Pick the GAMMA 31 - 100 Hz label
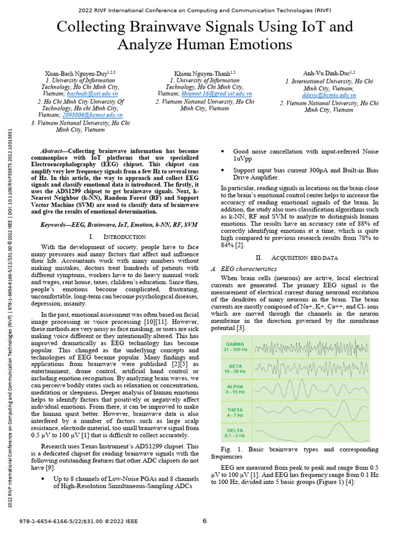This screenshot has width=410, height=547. (235, 347)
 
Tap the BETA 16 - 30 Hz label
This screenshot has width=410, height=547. (235, 368)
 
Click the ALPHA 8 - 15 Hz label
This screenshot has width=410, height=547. (235, 389)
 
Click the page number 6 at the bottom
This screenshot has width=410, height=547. (204, 521)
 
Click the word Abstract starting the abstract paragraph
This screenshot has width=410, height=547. (53, 151)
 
